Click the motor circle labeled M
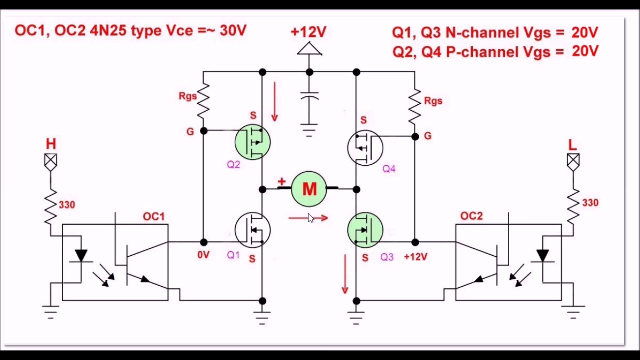(309, 189)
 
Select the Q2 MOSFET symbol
(253, 142)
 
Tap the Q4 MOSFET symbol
(365, 148)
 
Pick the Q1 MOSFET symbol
(253, 230)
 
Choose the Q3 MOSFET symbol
(365, 230)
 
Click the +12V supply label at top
(308, 32)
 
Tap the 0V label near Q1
(203, 255)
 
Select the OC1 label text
(154, 217)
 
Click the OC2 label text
(471, 216)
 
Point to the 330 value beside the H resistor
(67, 205)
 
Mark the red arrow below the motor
(308, 218)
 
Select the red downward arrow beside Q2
(275, 102)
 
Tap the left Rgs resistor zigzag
(203, 101)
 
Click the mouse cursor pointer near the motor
(311, 218)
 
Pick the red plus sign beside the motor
(282, 181)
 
